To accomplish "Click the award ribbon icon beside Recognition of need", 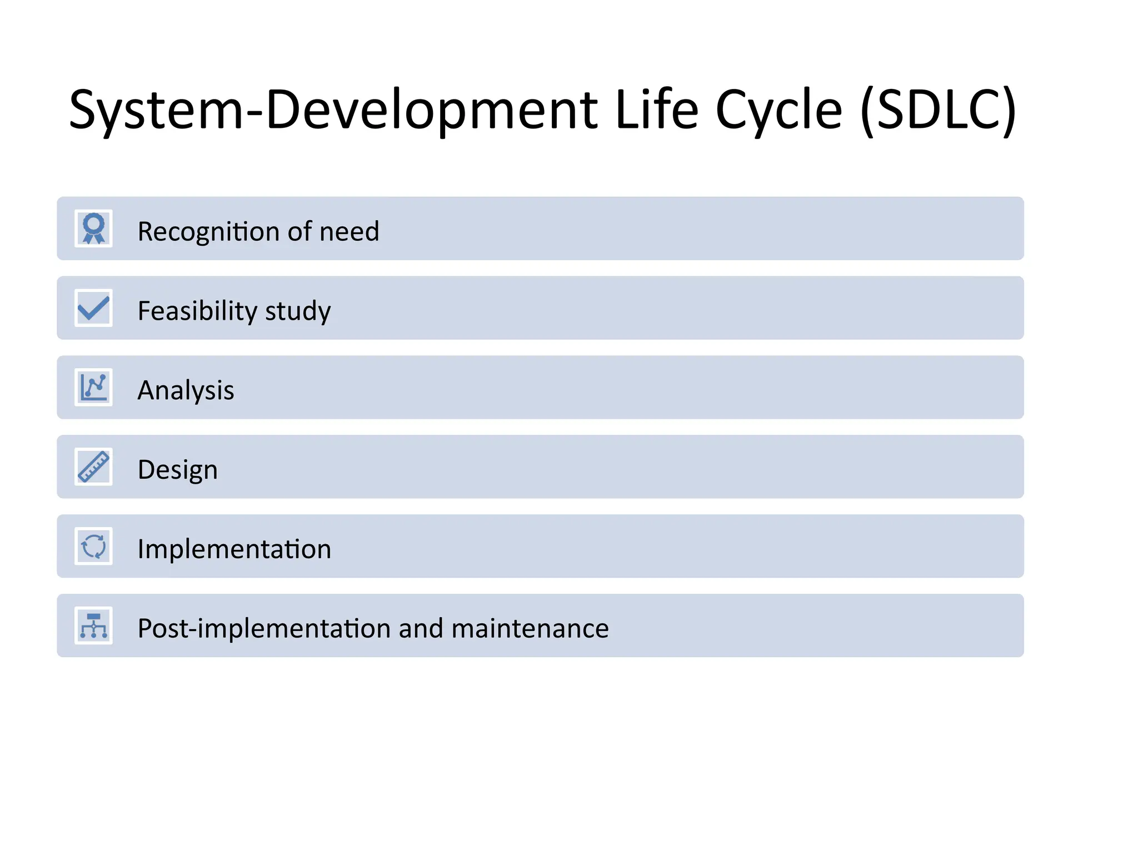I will (93, 229).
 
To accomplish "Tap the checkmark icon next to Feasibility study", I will (93, 308).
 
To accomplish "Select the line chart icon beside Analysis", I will (93, 388).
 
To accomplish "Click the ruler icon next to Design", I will (93, 467).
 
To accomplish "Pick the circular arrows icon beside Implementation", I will (93, 547).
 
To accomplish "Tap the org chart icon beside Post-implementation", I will (93, 626).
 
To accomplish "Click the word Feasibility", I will (197, 311).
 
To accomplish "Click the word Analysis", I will (186, 390).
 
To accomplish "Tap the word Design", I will (177, 470).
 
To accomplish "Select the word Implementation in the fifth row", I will (234, 549).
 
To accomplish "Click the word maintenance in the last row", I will (530, 629).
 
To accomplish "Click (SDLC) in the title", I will (938, 110).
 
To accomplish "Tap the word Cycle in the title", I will (778, 110).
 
